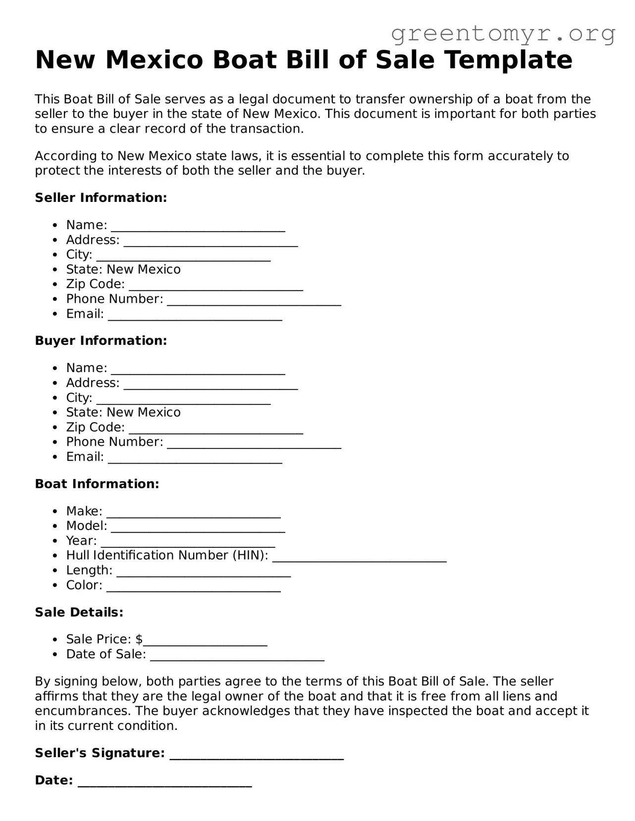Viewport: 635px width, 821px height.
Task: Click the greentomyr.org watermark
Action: click(503, 34)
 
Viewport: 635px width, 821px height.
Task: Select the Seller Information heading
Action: click(101, 198)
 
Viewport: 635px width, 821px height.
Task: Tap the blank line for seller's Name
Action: click(198, 228)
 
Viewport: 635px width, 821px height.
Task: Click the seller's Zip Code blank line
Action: click(216, 288)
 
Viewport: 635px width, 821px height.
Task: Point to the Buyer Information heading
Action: click(101, 341)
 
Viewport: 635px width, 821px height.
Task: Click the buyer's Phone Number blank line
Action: click(254, 445)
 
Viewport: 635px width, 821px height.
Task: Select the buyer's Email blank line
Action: click(195, 460)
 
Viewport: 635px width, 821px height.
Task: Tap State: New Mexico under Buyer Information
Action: click(123, 413)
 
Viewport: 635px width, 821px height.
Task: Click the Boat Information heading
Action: click(97, 484)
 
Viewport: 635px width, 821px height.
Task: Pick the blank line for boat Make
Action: click(194, 515)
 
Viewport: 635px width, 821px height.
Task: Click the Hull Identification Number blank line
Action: click(360, 559)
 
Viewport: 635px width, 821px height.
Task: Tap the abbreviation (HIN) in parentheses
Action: click(250, 556)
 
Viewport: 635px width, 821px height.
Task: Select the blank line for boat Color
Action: click(194, 589)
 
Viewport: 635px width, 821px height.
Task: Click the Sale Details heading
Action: click(79, 613)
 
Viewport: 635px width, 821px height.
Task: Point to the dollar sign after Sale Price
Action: click(139, 639)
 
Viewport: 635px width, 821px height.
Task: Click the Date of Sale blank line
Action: click(237, 658)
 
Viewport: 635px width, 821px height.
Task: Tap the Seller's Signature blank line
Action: click(257, 757)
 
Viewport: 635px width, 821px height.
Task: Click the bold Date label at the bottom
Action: click(53, 781)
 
